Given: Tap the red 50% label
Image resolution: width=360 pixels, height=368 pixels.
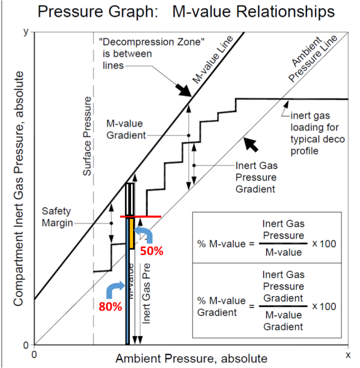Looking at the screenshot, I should click(x=152, y=251).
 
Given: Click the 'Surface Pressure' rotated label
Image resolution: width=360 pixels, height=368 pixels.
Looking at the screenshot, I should click(x=87, y=136).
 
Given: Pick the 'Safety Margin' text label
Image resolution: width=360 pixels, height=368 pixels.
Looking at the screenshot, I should click(x=58, y=217).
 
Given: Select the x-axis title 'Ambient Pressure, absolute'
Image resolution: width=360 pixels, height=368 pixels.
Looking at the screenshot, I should click(x=191, y=358).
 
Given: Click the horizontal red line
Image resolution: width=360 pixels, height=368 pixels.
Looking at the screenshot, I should click(x=140, y=216).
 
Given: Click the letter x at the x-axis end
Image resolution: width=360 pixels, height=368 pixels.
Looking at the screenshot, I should click(x=348, y=355).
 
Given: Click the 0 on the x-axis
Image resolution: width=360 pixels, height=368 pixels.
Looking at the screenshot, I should click(x=34, y=355).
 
